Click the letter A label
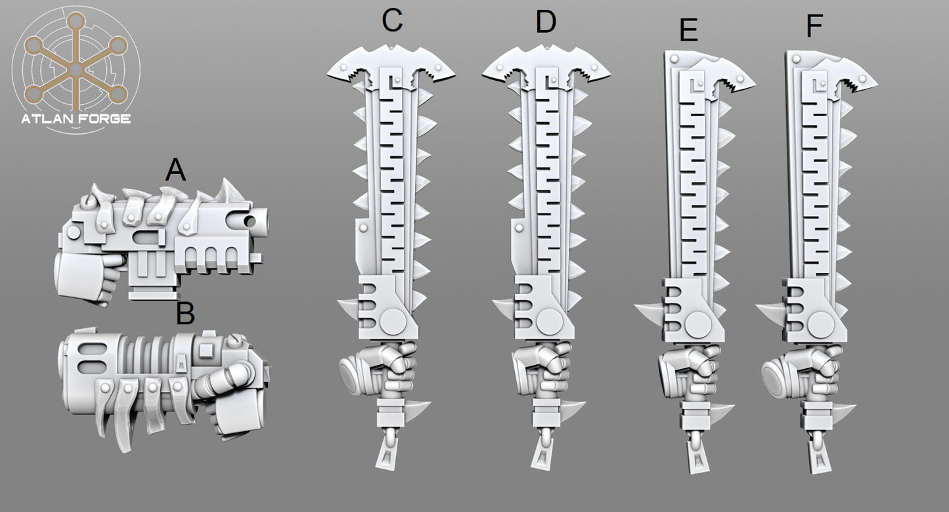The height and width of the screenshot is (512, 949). [175, 170]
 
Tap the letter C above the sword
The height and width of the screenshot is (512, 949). [392, 20]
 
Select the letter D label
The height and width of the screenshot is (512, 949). [546, 22]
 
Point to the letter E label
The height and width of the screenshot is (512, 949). [689, 30]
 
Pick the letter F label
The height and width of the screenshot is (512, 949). [814, 26]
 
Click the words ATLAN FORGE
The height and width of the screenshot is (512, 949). [76, 119]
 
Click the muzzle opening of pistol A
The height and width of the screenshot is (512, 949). [250, 221]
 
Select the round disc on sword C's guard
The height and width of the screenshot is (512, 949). [393, 320]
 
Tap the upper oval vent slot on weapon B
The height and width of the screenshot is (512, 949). [88, 350]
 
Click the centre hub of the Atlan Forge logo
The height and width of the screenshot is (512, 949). [76, 70]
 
